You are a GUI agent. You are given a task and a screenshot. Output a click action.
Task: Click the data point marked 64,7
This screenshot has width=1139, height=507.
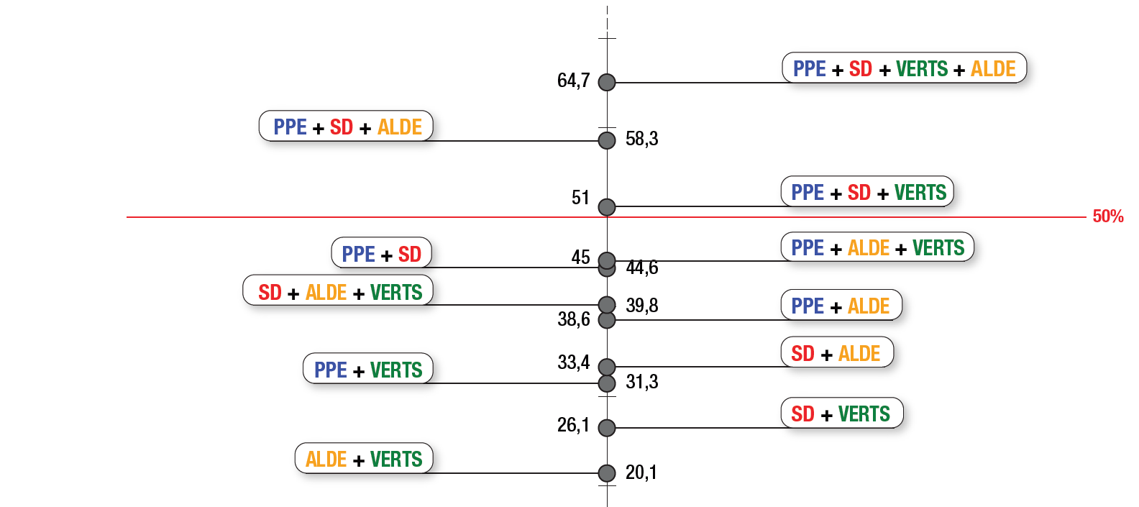click(607, 82)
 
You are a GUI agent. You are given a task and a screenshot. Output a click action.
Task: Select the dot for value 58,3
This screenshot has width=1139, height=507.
click(607, 140)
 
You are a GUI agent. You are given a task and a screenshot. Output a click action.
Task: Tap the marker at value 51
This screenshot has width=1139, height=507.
click(607, 207)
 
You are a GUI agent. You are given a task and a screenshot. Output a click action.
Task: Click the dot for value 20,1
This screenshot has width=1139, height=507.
click(607, 473)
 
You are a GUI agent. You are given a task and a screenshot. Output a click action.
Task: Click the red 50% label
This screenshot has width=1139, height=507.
click(1107, 216)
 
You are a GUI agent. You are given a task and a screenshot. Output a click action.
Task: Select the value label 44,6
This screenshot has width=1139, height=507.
click(641, 268)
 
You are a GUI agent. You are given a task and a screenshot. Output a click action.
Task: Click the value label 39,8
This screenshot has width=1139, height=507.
click(641, 306)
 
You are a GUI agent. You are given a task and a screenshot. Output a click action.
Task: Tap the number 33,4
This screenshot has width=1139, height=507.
click(573, 362)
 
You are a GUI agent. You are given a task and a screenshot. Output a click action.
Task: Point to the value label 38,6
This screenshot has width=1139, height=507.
click(573, 319)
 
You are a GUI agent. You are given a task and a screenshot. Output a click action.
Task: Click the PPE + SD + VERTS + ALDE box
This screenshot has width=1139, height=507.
click(904, 68)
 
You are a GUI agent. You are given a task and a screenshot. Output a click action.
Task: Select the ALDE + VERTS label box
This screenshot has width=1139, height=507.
click(364, 459)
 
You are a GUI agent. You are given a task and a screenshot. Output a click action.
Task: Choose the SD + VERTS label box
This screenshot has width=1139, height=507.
click(841, 414)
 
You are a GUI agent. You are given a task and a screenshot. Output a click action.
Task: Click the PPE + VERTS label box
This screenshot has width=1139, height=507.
click(368, 370)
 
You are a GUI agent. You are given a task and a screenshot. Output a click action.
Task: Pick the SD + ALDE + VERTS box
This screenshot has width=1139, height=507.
click(339, 292)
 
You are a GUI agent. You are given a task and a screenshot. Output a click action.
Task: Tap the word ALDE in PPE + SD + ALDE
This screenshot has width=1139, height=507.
click(399, 127)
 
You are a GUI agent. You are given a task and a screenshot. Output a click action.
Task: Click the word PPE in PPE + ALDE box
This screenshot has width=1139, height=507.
click(808, 306)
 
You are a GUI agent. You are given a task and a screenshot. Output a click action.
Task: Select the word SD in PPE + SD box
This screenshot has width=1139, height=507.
click(409, 255)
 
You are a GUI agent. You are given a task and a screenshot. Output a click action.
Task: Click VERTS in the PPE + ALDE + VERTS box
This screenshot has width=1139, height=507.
click(938, 248)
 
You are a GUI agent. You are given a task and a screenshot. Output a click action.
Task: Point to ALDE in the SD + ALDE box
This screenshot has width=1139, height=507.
click(859, 354)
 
